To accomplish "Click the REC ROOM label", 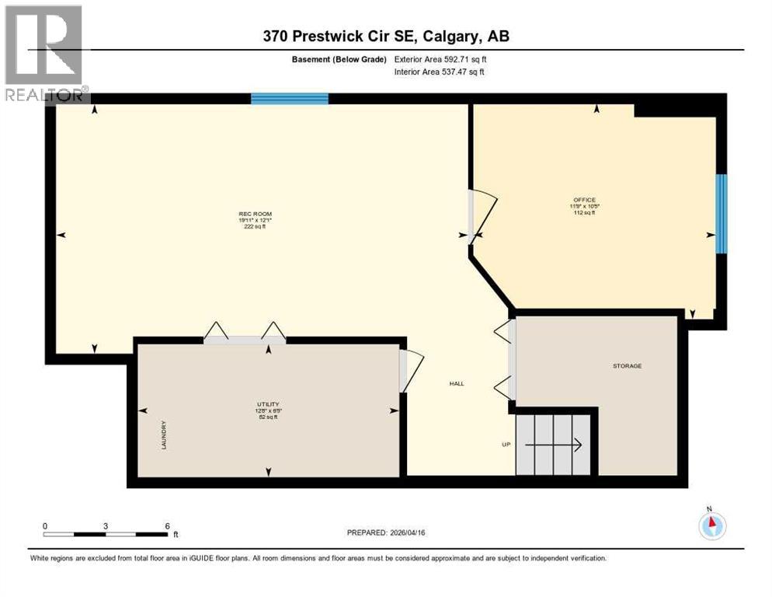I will coord(255,214).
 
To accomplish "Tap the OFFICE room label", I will coord(584,200).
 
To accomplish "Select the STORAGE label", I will coord(627,365).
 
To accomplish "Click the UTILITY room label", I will coord(267,404).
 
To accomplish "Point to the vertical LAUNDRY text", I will coord(164,435).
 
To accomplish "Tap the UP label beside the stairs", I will coord(506,445).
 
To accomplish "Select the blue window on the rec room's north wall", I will coord(289,99).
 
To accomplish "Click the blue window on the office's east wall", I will coord(721,214).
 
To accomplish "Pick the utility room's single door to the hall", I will coord(411,371).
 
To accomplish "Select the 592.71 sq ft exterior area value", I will coord(464,59).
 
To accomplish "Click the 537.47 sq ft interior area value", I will coord(464,72).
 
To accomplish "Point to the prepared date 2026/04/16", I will coord(409,532).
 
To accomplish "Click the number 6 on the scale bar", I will coord(167,525).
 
